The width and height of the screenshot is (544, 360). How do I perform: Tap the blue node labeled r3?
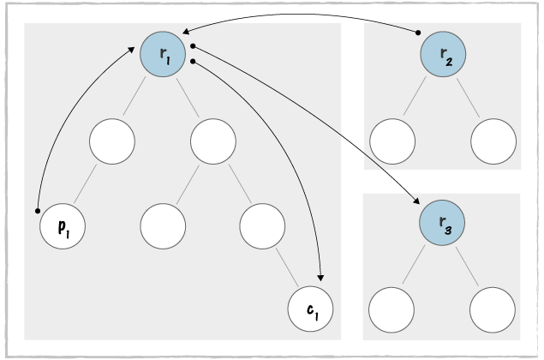442,225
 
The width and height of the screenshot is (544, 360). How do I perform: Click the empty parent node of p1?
112,141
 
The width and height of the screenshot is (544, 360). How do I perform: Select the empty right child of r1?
213,141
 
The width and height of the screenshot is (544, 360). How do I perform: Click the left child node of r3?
392,307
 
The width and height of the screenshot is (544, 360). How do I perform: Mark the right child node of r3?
493,307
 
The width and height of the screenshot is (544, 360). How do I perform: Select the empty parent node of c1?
262,225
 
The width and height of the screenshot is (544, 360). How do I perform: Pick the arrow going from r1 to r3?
317,129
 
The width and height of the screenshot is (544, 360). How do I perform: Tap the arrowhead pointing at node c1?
320,276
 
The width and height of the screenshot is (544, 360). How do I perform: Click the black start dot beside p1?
37,209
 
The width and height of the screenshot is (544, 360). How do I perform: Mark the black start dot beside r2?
418,33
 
